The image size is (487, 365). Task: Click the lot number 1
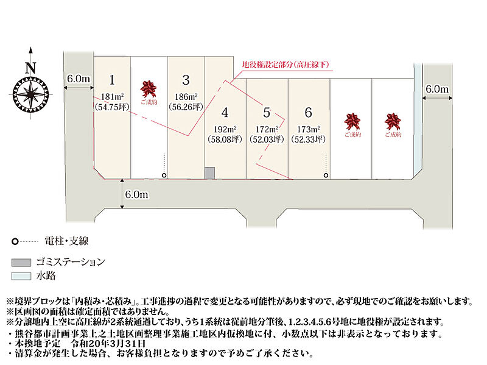112,80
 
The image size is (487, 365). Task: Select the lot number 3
186,80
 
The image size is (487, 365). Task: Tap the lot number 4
225,113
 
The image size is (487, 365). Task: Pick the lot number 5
267,113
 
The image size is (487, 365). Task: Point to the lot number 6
309,113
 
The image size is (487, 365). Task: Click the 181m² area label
112,97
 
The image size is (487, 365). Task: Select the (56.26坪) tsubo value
186,107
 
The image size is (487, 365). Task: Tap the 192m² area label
225,129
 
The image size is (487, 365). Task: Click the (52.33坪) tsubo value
309,140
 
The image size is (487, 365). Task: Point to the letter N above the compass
30,68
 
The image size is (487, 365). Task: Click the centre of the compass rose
31,94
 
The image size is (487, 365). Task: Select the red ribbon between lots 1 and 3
149,89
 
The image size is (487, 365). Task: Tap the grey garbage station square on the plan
209,173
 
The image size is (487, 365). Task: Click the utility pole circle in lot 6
326,175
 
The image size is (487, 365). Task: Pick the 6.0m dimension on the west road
79,79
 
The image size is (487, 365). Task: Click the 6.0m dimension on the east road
437,89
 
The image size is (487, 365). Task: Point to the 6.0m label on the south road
136,194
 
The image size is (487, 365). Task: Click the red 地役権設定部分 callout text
286,65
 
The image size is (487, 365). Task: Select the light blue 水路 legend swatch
21,276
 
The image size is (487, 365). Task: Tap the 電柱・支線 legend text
66,241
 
